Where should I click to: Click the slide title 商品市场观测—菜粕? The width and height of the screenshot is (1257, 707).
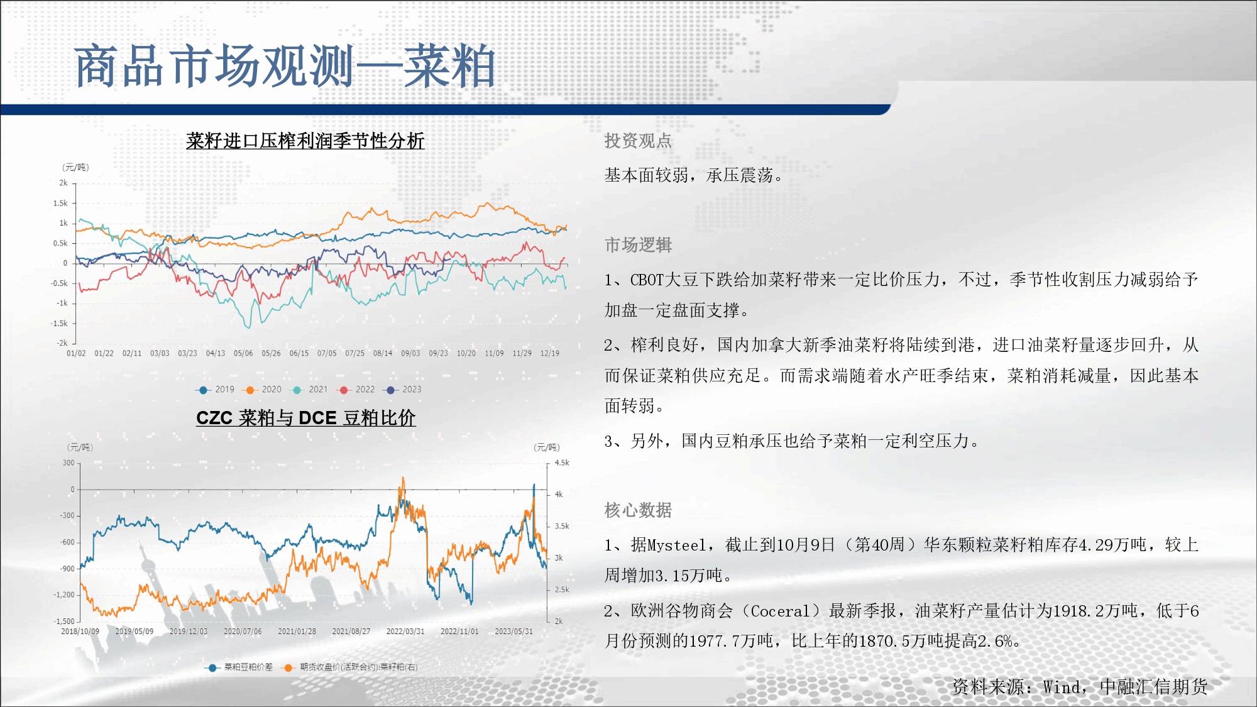coord(285,66)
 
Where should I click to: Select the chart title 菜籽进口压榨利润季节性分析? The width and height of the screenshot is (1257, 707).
coord(305,141)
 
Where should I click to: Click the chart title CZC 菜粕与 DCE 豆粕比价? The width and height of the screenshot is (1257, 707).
coord(306,418)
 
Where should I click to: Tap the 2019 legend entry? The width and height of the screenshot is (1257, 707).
coord(216,390)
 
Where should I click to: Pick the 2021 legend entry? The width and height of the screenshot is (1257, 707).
coord(309,390)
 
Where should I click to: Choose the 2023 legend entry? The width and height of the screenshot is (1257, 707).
coord(403,390)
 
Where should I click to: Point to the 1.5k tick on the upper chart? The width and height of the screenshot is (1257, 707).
coord(60,203)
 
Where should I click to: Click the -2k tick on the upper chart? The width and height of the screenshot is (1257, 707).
coord(62,343)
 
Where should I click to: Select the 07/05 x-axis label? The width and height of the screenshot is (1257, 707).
coord(327,353)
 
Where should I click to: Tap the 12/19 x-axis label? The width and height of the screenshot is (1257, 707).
coord(550,353)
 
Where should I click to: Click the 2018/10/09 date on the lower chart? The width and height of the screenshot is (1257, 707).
coord(80,632)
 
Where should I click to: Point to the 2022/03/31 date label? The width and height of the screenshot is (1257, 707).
coord(405,632)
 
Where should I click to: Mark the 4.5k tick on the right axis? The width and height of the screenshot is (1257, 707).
coord(562,463)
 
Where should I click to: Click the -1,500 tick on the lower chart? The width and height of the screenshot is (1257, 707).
coord(64,621)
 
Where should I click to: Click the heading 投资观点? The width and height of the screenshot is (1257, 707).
coord(638,141)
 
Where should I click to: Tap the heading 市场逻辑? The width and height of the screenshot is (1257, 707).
coord(638,245)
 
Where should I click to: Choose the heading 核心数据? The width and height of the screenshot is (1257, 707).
coord(638,510)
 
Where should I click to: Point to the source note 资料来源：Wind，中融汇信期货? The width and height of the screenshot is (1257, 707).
coord(1080,687)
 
